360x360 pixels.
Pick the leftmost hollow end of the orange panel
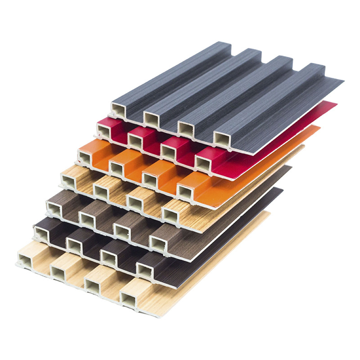click(x=85, y=157)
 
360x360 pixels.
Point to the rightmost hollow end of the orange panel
click(x=185, y=192)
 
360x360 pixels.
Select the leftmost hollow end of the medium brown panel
click(x=54, y=207)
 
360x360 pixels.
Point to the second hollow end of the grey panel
click(x=152, y=118)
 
